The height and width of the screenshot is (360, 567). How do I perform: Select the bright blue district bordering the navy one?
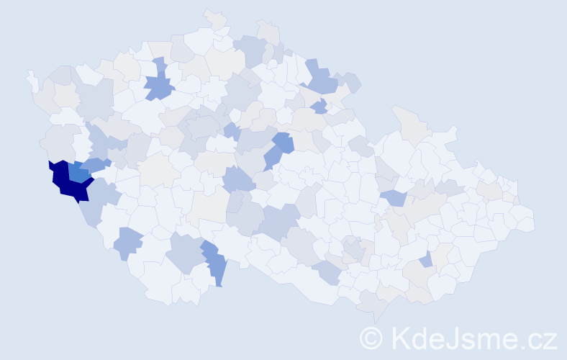tap(78, 172)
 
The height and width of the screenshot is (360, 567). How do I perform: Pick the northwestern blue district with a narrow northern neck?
tap(159, 87)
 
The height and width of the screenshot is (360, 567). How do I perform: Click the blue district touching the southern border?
tap(215, 266)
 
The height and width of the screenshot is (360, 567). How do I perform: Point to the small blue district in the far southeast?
tap(427, 259)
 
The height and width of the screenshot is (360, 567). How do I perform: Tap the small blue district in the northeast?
tap(319, 107)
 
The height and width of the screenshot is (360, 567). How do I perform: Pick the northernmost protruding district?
tap(215, 19)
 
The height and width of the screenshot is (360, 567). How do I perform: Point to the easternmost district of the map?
tap(524, 220)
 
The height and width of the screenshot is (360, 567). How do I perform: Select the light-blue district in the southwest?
tap(128, 243)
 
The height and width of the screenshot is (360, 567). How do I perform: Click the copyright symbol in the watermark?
tap(371, 338)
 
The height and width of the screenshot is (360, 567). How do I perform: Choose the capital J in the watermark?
tap(461, 338)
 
